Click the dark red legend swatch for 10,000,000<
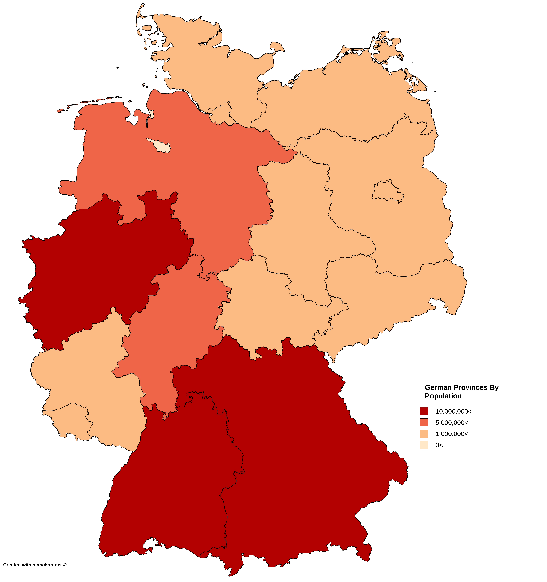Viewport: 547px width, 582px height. click(x=424, y=411)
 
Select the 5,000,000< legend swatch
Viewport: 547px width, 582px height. click(x=424, y=422)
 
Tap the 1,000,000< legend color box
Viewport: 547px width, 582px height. click(x=424, y=434)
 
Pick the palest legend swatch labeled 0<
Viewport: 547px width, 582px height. click(x=424, y=445)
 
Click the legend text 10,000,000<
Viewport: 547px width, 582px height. click(x=453, y=411)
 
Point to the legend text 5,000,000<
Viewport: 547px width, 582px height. click(x=452, y=422)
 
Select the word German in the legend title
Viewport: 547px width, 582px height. click(x=438, y=387)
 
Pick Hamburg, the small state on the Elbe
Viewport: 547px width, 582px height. click(x=222, y=113)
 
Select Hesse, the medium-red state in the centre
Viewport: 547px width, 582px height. click(x=176, y=331)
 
